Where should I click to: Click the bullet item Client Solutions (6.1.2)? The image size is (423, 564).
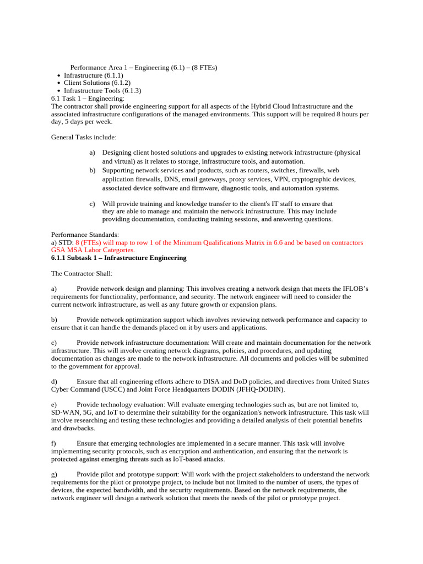click(93, 83)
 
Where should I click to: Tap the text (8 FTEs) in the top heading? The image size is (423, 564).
click(204, 67)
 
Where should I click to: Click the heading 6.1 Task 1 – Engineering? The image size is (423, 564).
click(88, 98)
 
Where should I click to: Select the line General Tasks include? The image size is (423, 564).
click(84, 137)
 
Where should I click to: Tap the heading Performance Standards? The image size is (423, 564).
click(85, 235)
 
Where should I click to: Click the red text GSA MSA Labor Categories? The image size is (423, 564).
click(93, 250)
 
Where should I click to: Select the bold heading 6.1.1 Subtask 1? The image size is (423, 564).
click(118, 258)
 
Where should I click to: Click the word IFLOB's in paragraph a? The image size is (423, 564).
click(352, 289)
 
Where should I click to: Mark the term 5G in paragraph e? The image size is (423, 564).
click(85, 413)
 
